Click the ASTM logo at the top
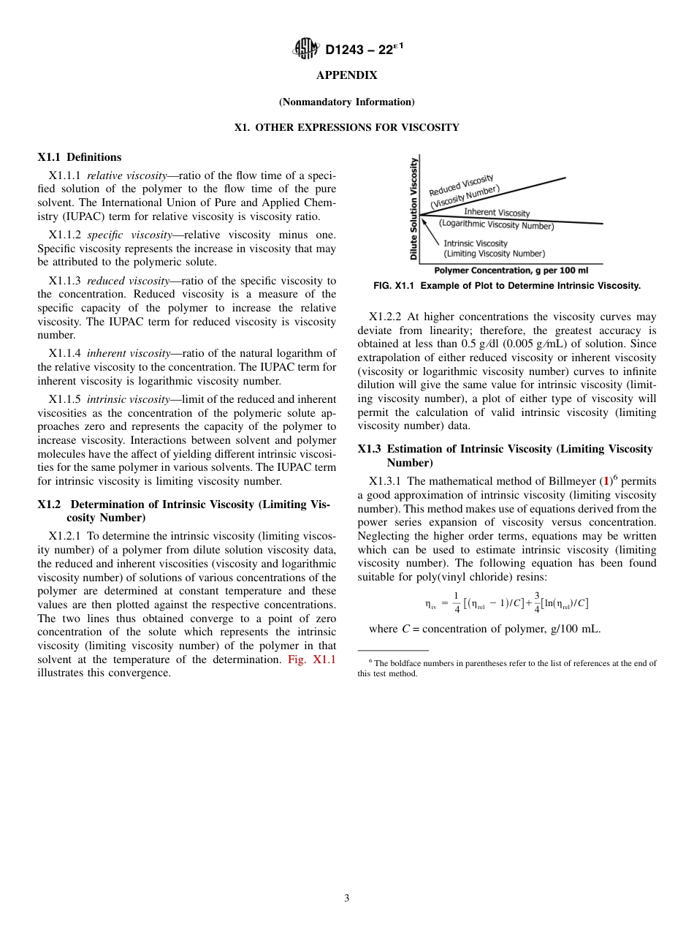pyautogui.click(x=305, y=49)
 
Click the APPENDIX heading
pyautogui.click(x=346, y=75)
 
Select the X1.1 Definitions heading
pyautogui.click(x=80, y=157)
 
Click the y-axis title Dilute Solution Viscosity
pyautogui.click(x=413, y=209)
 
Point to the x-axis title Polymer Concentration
pyautogui.click(x=506, y=271)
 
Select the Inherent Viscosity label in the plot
pyautogui.click(x=497, y=213)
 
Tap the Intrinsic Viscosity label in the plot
pyautogui.click(x=476, y=243)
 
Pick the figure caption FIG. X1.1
pyautogui.click(x=506, y=286)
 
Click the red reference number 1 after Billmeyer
pyautogui.click(x=605, y=481)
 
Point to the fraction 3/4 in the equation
pyautogui.click(x=537, y=603)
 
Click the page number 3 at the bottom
pyautogui.click(x=346, y=899)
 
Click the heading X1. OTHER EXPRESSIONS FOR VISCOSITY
pyautogui.click(x=346, y=127)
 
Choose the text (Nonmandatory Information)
pyautogui.click(x=346, y=102)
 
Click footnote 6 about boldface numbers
pyautogui.click(x=506, y=668)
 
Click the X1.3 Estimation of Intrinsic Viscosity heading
pyautogui.click(x=506, y=455)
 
